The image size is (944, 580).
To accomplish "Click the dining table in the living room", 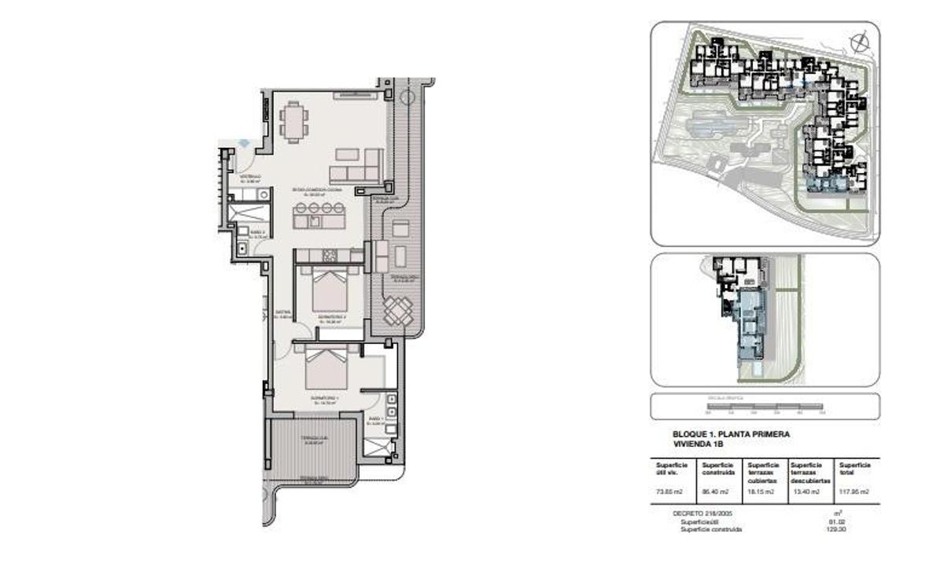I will pyautogui.click(x=293, y=123).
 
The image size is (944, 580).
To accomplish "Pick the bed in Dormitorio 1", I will pyautogui.click(x=326, y=366).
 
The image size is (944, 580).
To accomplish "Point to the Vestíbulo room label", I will pyautogui.click(x=250, y=178).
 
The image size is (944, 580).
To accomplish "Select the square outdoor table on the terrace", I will pyautogui.click(x=398, y=312).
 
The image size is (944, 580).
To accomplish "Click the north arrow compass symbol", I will pyautogui.click(x=859, y=41).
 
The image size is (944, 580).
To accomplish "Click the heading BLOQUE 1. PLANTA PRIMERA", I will pyautogui.click(x=731, y=434).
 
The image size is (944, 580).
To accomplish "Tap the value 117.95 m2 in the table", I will pyautogui.click(x=854, y=492).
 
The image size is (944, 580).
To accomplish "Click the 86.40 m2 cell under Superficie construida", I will pyautogui.click(x=714, y=492).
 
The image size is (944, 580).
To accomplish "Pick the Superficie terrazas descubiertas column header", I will pyautogui.click(x=809, y=472).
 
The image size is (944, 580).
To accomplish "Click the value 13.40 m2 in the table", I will pyautogui.click(x=806, y=492).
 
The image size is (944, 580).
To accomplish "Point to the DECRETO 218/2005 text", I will pyautogui.click(x=699, y=513).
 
